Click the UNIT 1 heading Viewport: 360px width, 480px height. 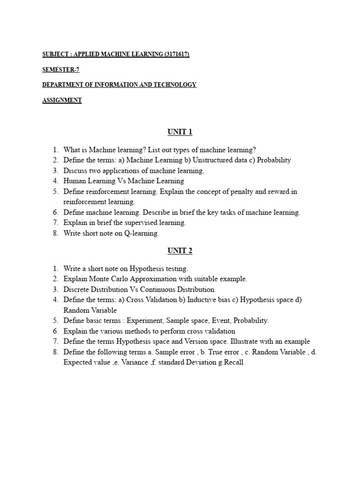[x=180, y=132]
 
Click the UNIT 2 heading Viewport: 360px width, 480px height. [x=180, y=251]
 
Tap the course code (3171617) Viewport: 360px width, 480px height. [x=177, y=54]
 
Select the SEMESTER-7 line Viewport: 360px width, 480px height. [x=60, y=69]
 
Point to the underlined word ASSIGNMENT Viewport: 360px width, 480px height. [x=62, y=100]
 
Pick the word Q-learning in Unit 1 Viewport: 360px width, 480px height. [x=142, y=233]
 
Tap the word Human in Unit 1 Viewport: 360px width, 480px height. [x=74, y=181]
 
